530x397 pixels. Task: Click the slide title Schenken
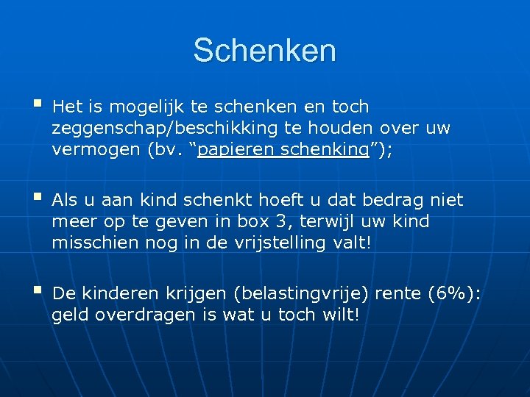(x=265, y=51)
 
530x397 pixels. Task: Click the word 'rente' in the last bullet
(x=398, y=295)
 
